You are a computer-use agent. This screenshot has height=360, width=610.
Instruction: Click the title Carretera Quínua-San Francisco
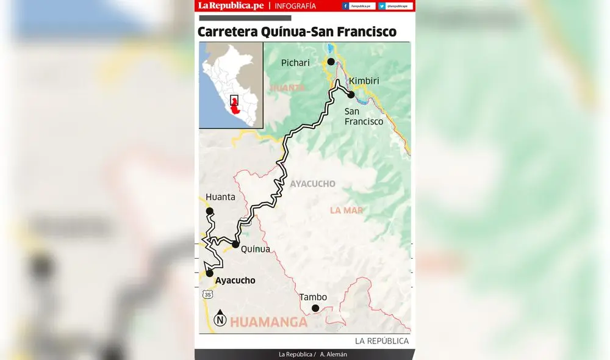[x=297, y=32]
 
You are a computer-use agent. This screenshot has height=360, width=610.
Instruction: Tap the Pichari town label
[x=295, y=63]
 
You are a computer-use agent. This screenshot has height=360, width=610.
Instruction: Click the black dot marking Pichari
[x=331, y=62]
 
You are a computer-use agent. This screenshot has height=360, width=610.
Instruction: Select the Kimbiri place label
[x=364, y=81]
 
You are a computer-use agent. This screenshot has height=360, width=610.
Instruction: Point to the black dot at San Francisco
[x=351, y=95]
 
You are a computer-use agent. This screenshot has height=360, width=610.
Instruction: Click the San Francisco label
[x=364, y=117]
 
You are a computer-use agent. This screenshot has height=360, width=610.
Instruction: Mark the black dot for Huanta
[x=210, y=211]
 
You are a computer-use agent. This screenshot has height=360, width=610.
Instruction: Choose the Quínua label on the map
[x=255, y=249]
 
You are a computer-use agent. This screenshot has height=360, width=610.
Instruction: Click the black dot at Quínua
[x=235, y=244]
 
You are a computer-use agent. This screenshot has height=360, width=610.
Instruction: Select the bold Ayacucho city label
[x=235, y=281]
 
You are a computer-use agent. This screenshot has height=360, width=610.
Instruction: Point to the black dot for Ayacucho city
[x=210, y=273]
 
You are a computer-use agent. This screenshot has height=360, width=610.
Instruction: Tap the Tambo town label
[x=313, y=297]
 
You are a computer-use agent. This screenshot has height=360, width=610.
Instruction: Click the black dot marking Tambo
[x=315, y=308]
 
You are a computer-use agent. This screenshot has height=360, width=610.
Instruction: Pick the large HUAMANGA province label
[x=269, y=322]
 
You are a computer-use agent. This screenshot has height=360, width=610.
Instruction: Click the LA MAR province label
[x=346, y=211]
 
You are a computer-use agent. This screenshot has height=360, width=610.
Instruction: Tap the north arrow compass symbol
[x=220, y=318]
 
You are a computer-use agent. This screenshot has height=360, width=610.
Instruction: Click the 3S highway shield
[x=208, y=295]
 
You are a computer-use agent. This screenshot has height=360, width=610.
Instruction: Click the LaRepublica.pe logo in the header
[x=230, y=6]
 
